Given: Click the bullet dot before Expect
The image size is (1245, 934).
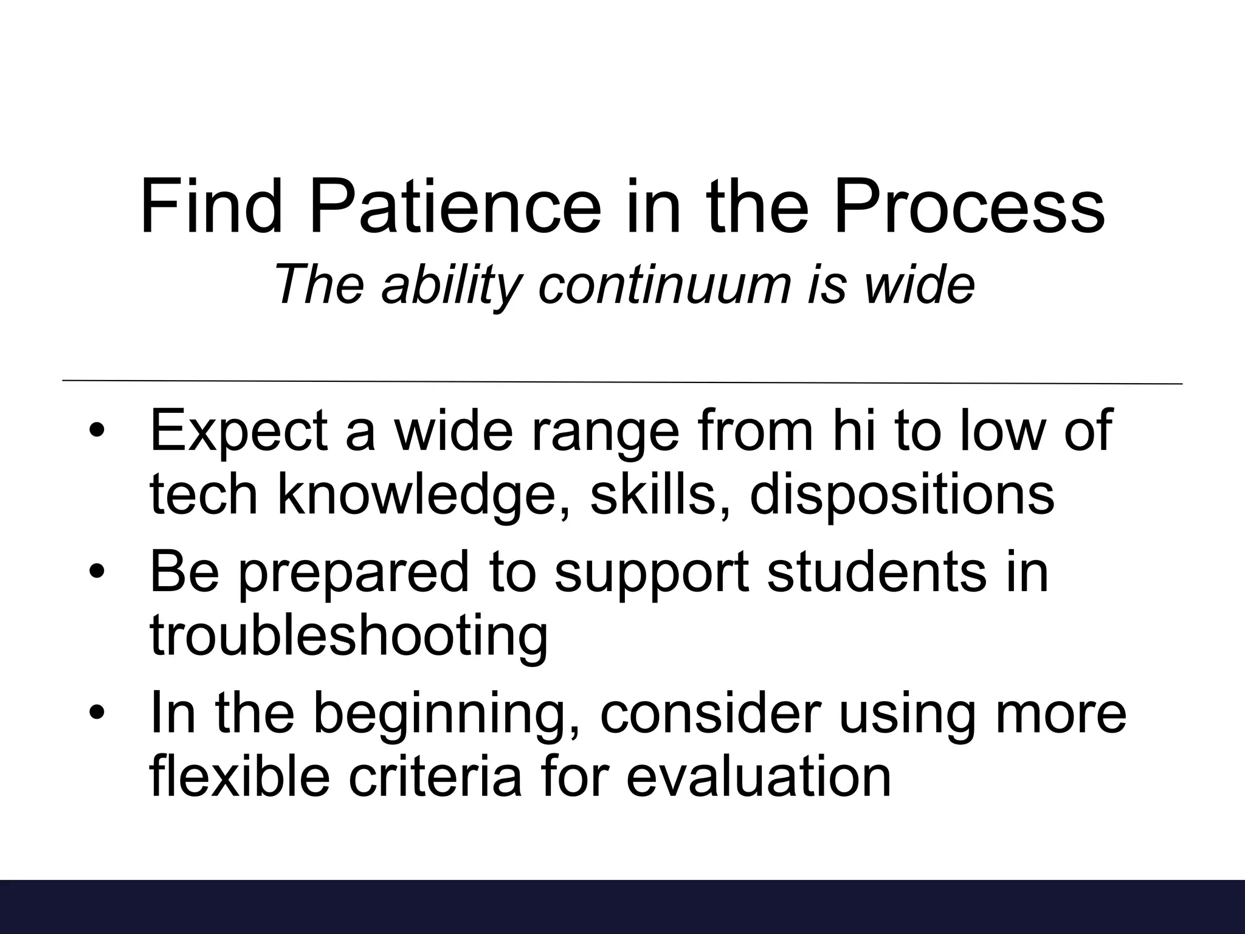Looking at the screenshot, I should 97,432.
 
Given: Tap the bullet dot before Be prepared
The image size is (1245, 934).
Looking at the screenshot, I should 97,572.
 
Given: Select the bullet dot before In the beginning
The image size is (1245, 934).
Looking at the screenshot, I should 97,712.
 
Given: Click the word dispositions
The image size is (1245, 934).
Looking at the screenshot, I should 902,494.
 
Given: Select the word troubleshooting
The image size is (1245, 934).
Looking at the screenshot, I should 348,637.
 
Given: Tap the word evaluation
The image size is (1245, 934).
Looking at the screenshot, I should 759,777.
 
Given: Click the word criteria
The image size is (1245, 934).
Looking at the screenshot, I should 435,777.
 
